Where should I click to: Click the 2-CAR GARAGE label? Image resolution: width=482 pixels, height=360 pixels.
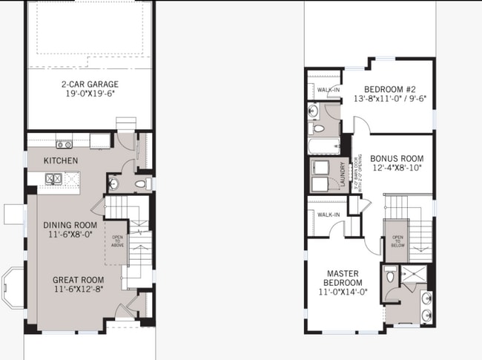click(x=90, y=84)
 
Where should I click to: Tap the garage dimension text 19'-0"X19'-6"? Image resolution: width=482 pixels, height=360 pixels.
click(x=90, y=95)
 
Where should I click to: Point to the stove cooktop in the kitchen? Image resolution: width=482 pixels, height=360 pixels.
click(x=65, y=144)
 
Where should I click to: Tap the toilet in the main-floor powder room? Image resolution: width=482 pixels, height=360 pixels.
click(x=142, y=183)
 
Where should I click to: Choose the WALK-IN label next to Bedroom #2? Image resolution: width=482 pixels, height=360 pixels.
click(x=328, y=91)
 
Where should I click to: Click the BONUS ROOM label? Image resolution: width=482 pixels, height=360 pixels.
click(x=397, y=159)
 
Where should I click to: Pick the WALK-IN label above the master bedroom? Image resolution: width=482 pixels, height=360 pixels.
click(x=328, y=215)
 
